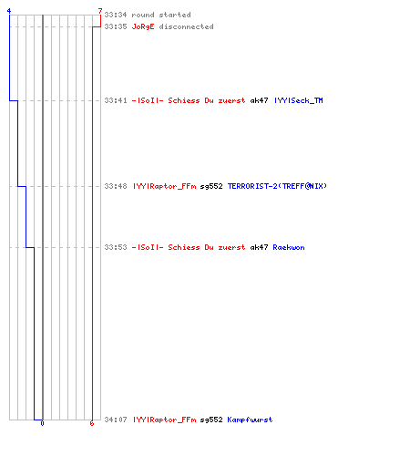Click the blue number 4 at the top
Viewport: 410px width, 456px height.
(x=9, y=11)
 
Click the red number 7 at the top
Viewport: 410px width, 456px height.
(x=100, y=11)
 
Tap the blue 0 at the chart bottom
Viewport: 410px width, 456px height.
(x=42, y=423)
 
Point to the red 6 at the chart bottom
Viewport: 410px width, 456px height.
(x=92, y=423)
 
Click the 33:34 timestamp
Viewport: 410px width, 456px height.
(x=116, y=15)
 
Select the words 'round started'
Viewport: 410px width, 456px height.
(x=161, y=15)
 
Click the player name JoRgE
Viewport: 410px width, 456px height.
(x=143, y=26)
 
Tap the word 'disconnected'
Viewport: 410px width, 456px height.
(x=186, y=26)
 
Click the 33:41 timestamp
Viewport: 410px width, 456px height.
(x=116, y=100)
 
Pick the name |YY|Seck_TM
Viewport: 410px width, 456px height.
(x=299, y=100)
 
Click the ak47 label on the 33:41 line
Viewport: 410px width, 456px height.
(x=259, y=100)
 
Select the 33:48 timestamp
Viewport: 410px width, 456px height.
(x=116, y=186)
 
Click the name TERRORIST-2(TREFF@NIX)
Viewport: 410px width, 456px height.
(x=277, y=186)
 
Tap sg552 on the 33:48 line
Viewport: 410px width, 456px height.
(x=211, y=186)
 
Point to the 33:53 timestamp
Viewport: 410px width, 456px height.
(x=116, y=247)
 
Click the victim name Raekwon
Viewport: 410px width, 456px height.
(x=289, y=247)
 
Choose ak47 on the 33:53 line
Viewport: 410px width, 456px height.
(x=259, y=247)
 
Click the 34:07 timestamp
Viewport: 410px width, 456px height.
(x=116, y=420)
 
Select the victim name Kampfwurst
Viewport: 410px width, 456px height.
(x=250, y=420)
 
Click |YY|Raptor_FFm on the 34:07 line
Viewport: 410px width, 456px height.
(x=165, y=420)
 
